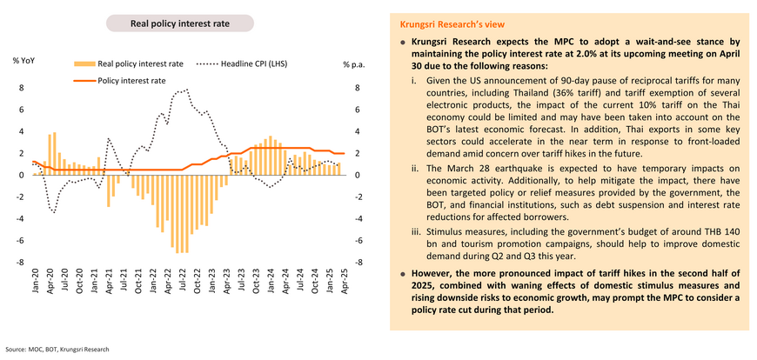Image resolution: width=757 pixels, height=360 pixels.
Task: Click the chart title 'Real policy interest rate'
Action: pyautogui.click(x=179, y=23)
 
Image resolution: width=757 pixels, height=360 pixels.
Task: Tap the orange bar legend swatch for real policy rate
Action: pyautogui.click(x=84, y=63)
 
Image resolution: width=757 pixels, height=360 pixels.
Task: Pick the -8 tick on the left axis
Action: pyautogui.click(x=20, y=263)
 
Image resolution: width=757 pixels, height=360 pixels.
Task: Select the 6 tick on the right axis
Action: pyautogui.click(x=356, y=110)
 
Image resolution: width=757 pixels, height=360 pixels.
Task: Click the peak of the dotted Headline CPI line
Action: pyautogui.click(x=187, y=90)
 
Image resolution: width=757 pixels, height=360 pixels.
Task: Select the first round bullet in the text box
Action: pyautogui.click(x=403, y=42)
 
